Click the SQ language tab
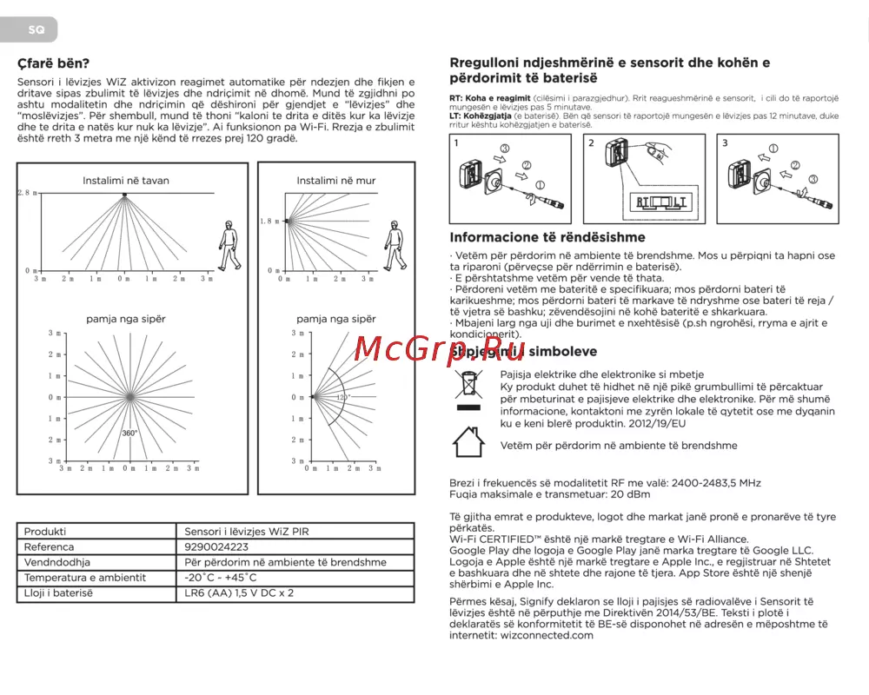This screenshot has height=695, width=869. pyautogui.click(x=36, y=30)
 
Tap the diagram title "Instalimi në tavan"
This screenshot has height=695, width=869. pyautogui.click(x=126, y=181)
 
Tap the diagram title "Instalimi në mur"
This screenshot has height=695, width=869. pyautogui.click(x=336, y=181)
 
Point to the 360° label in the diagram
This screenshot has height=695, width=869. pyautogui.click(x=129, y=433)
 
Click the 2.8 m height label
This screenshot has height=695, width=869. pyautogui.click(x=28, y=192)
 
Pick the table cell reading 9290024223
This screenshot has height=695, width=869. pyautogui.click(x=216, y=547)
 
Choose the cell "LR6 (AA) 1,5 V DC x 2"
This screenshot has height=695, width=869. pyautogui.click(x=239, y=592)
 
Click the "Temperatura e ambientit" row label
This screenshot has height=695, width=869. pyautogui.click(x=85, y=578)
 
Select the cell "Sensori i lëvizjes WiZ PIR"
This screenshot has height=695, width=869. pyautogui.click(x=247, y=532)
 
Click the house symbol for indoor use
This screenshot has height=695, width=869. pyautogui.click(x=468, y=442)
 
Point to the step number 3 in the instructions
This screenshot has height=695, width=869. pyautogui.click(x=726, y=142)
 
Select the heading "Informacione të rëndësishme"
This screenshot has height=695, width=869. pyautogui.click(x=547, y=237)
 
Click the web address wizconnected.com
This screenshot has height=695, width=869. pyautogui.click(x=547, y=635)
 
